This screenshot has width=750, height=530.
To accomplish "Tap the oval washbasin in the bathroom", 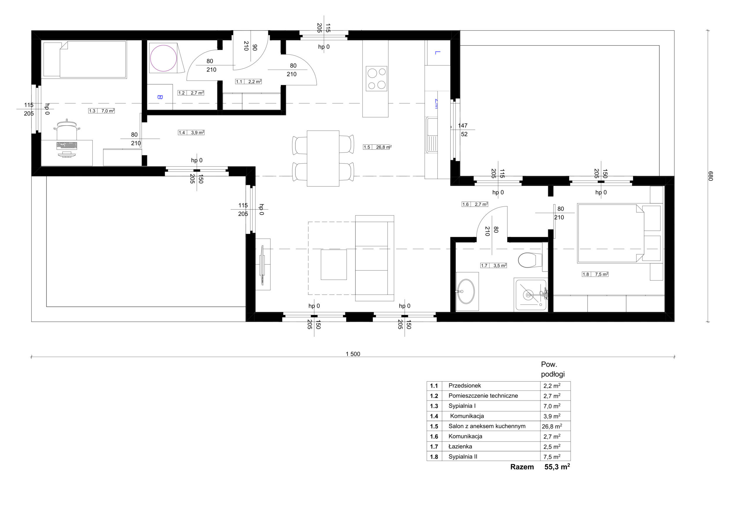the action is tap(466, 291).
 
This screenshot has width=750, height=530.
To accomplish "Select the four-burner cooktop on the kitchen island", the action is tap(377, 78).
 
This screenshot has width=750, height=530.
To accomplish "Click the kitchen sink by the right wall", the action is tap(432, 135).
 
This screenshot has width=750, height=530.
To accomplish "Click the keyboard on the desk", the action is tap(67, 145).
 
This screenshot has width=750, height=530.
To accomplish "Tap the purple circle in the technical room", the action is tap(163, 58).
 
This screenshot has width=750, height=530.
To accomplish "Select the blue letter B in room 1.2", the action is tap(160, 97).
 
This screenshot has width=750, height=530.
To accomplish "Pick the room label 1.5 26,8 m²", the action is tap(377, 147).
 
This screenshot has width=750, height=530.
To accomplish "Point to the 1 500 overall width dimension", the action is tap(353, 354).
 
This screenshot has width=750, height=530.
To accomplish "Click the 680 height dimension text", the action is tap(711, 176).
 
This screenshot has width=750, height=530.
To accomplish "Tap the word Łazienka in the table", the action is tap(460, 447).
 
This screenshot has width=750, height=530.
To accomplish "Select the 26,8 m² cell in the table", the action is tap(552, 426).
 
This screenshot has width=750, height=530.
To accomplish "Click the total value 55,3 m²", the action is tap(557, 467).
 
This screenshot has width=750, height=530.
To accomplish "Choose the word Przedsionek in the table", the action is tap(465, 386).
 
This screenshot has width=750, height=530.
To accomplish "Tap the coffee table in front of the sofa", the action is tap(333, 264).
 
